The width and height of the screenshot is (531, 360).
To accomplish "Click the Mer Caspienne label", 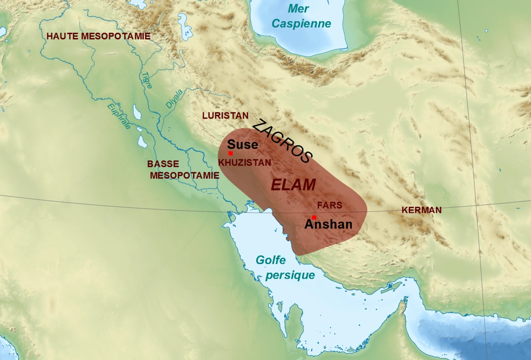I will tap(301, 15).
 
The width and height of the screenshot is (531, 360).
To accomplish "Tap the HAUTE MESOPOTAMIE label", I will tap(98, 36).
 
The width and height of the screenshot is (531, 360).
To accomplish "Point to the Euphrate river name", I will tap(119, 116).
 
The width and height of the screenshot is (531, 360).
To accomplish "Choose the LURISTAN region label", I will tap(225, 115).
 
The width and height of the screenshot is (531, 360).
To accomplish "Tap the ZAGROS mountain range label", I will tap(282, 141).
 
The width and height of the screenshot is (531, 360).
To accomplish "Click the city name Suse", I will tap(242, 145).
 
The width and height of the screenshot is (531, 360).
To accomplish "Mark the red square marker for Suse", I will tap(231, 153).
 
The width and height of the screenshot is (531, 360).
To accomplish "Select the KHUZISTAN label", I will tap(245, 162).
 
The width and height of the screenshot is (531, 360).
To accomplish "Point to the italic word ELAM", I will tap(293, 184).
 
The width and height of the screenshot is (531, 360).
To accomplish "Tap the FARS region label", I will tap(330, 206).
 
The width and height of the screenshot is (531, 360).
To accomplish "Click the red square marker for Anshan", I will tap(314, 217).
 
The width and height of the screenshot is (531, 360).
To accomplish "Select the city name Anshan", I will tap(328, 224).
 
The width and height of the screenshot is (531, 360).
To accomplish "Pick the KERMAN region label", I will tap(421, 210).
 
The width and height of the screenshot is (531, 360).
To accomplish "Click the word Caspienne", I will tap(301, 23).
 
